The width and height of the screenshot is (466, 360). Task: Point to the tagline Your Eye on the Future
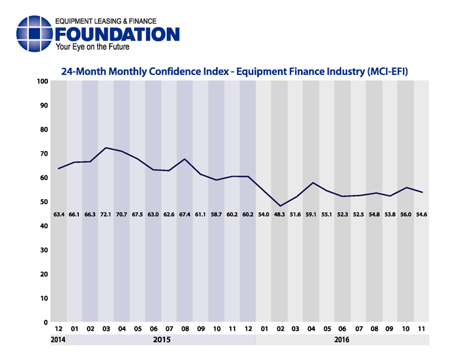[93, 47]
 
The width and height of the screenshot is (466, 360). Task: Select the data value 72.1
[106, 214]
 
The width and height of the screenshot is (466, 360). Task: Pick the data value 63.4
[59, 214]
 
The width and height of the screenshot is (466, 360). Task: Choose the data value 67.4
[185, 214]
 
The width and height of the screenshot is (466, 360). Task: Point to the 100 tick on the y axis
[43, 81]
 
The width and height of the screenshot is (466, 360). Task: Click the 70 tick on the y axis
[45, 154]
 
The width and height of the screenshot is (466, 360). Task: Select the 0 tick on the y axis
[47, 323]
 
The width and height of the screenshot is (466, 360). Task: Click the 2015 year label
[161, 340]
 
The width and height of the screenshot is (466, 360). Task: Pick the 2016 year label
[342, 340]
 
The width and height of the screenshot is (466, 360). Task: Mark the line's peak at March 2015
[106, 148]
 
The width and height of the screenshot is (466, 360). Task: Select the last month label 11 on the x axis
[421, 328]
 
